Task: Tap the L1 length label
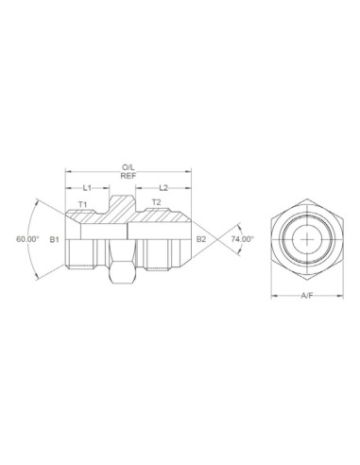88,188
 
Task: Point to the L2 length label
163,188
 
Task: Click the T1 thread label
82,204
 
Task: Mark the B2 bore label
200,240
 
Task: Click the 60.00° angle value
27,240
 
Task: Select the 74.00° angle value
243,240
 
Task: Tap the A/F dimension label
307,297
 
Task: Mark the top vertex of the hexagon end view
307,201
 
